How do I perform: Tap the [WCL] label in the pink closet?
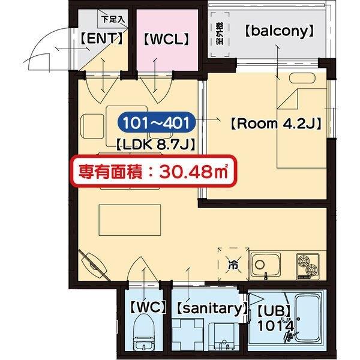pyautogui.click(x=166, y=40)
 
